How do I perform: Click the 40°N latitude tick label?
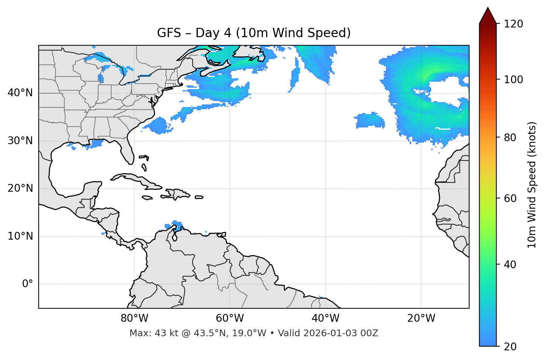20,93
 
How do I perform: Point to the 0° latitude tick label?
27,284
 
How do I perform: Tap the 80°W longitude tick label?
134,318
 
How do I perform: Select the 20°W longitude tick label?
421,318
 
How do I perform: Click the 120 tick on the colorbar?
513,24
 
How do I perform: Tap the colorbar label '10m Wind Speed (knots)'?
532,185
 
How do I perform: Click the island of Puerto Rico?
199,197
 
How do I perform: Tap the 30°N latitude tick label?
20,141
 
